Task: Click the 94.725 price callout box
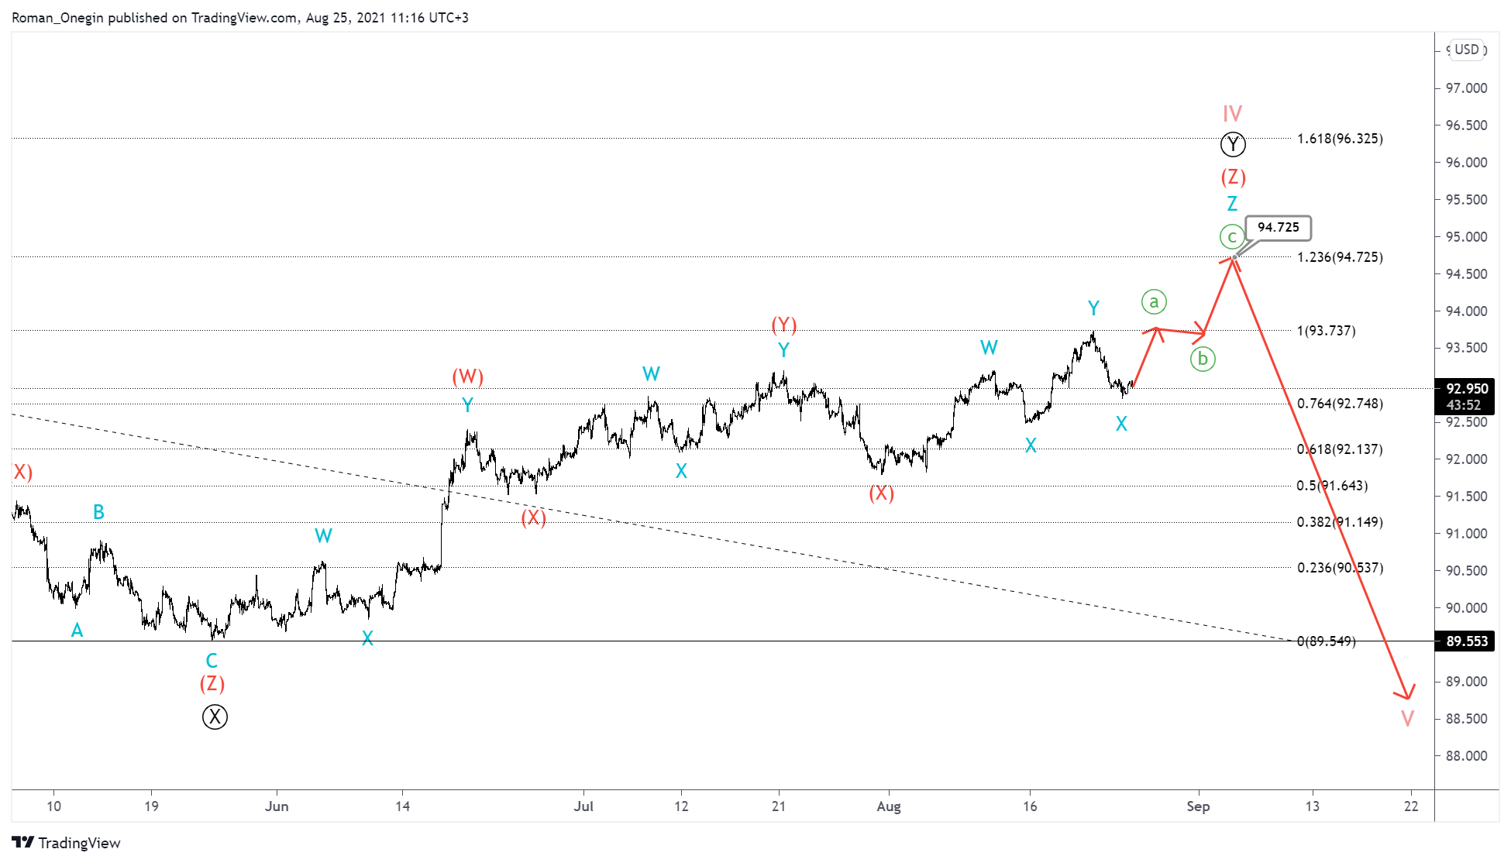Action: point(1278,228)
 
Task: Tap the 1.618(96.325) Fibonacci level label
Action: point(1340,139)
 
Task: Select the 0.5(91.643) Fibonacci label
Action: point(1332,486)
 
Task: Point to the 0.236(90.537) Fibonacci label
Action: point(1340,568)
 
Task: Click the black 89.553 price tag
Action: point(1467,641)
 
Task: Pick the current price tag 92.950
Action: point(1467,389)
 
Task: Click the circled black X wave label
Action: point(215,717)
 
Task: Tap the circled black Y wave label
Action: point(1233,145)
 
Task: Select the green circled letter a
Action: point(1154,301)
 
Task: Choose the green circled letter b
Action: point(1203,359)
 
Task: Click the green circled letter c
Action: point(1232,236)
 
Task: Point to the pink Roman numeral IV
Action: point(1232,114)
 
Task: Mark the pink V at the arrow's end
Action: point(1408,718)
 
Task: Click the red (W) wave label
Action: point(468,376)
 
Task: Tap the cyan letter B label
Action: point(98,512)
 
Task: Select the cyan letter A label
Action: point(77,631)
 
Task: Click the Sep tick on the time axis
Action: point(1198,806)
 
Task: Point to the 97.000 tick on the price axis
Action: point(1466,88)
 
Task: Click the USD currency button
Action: point(1467,50)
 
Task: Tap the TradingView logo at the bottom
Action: point(67,843)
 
